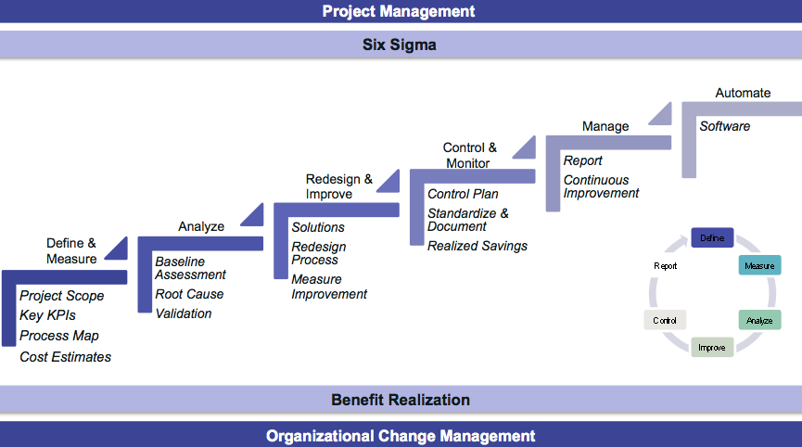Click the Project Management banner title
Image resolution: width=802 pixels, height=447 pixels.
(399, 11)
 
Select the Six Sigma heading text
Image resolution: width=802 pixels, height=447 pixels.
(399, 45)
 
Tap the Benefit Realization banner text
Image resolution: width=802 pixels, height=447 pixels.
(401, 400)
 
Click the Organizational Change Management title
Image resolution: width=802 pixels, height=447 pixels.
(401, 436)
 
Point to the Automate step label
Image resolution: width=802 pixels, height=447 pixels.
(743, 93)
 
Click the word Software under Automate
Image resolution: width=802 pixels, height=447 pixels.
(725, 126)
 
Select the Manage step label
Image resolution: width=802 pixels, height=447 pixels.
(605, 126)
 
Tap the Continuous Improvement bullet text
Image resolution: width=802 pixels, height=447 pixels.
(601, 186)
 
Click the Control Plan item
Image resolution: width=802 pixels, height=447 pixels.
(463, 194)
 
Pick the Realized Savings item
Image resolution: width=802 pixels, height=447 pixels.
(477, 246)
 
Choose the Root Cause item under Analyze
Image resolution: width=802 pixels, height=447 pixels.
(189, 294)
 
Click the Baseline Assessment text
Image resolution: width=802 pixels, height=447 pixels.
(190, 268)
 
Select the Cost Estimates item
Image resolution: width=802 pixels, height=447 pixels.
(65, 356)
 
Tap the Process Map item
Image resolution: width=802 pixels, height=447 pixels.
(59, 336)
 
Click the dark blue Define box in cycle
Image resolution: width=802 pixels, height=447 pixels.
(712, 238)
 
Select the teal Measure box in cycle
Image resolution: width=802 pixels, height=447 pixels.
(759, 266)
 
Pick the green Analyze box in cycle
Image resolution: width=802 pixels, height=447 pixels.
(759, 320)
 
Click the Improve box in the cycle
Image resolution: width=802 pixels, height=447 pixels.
(712, 348)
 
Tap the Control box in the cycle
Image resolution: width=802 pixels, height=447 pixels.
(665, 320)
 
